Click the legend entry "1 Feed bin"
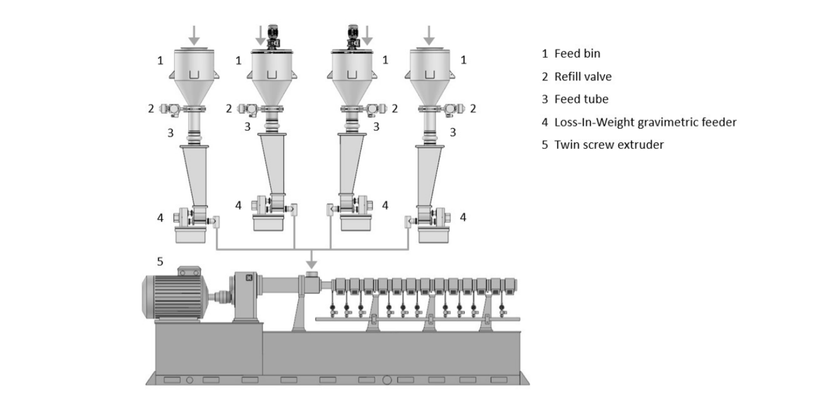[571, 54]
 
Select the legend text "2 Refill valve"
[576, 77]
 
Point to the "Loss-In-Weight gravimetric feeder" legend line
[639, 122]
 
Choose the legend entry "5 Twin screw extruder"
[602, 145]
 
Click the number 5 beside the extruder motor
[159, 261]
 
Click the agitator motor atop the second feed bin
[275, 38]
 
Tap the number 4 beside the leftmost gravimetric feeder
[160, 218]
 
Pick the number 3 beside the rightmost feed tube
[453, 132]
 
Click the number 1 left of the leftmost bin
[160, 60]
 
